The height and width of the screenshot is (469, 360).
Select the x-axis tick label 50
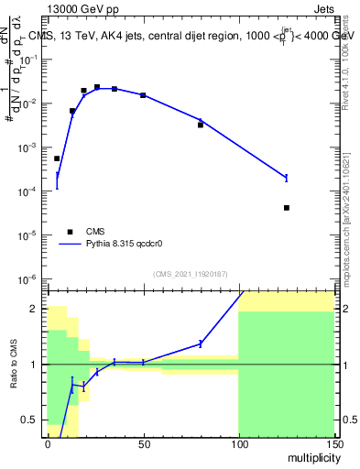(x=142, y=443)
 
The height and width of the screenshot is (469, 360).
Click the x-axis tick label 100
(x=238, y=443)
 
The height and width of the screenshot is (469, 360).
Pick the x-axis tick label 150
(x=333, y=443)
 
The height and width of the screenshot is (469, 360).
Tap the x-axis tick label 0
(x=47, y=443)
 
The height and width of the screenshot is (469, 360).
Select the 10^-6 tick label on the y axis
(x=30, y=278)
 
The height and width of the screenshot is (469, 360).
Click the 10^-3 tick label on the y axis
(x=30, y=147)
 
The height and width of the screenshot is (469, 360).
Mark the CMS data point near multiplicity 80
(x=200, y=125)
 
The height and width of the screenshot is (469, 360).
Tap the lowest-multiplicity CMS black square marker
(x=57, y=158)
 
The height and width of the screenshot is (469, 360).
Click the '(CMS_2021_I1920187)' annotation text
(x=191, y=274)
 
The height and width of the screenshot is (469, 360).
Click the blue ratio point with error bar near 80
(x=200, y=344)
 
